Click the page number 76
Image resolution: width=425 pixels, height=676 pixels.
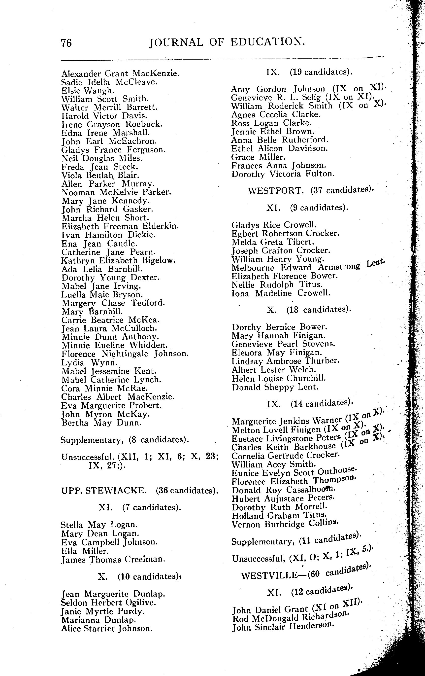click(66, 43)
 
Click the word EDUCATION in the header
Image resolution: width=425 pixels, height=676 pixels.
click(267, 42)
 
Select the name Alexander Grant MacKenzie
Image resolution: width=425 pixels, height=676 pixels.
click(120, 74)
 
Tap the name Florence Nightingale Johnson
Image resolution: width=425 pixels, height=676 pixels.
click(125, 354)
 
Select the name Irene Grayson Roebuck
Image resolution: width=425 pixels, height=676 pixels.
click(112, 124)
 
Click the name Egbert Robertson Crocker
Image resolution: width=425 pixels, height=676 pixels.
click(285, 233)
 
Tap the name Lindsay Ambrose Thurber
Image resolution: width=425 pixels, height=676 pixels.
click(285, 361)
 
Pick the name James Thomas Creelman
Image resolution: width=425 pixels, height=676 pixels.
click(113, 560)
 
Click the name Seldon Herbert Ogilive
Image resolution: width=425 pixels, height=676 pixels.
click(108, 603)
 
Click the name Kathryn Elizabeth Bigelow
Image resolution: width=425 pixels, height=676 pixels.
click(118, 260)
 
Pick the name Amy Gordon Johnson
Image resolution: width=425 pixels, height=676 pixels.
click(278, 89)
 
